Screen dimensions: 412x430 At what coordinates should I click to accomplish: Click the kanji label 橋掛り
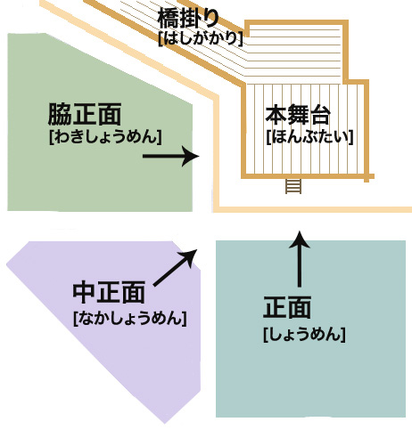pos(188,18)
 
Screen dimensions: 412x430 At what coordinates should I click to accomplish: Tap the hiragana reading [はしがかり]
pos(201,38)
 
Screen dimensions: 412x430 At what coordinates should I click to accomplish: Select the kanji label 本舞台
pos(298,115)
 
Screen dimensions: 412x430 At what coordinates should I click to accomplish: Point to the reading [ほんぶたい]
pos(309,137)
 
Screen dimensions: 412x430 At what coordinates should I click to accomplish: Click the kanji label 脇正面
pos(85,114)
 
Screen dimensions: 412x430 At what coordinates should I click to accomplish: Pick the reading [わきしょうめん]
pos(105,137)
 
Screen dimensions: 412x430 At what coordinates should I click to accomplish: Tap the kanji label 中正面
pos(109,292)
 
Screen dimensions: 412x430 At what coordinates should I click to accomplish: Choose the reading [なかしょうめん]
pos(130,318)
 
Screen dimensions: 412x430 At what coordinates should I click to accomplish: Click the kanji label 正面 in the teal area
pos(287,307)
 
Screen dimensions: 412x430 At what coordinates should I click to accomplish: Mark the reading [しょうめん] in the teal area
pos(304,335)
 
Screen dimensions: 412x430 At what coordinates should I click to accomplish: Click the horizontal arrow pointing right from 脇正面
pos(171,156)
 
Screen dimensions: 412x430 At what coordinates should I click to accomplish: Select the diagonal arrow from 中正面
pos(175,268)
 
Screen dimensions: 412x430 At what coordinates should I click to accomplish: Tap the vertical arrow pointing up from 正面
pos(300,259)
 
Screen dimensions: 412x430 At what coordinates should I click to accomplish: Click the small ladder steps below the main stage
pos(293,186)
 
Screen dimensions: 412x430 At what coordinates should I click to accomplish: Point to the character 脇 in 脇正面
pos(60,114)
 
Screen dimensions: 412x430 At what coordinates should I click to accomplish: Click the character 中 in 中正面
pos(85,292)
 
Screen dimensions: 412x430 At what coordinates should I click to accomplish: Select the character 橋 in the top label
pos(169,18)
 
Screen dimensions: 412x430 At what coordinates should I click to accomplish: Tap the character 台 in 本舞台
pos(320,115)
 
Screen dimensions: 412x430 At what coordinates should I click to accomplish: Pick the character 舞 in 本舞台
pos(298,115)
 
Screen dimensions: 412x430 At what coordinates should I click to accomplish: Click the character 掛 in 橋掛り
pos(190,18)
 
